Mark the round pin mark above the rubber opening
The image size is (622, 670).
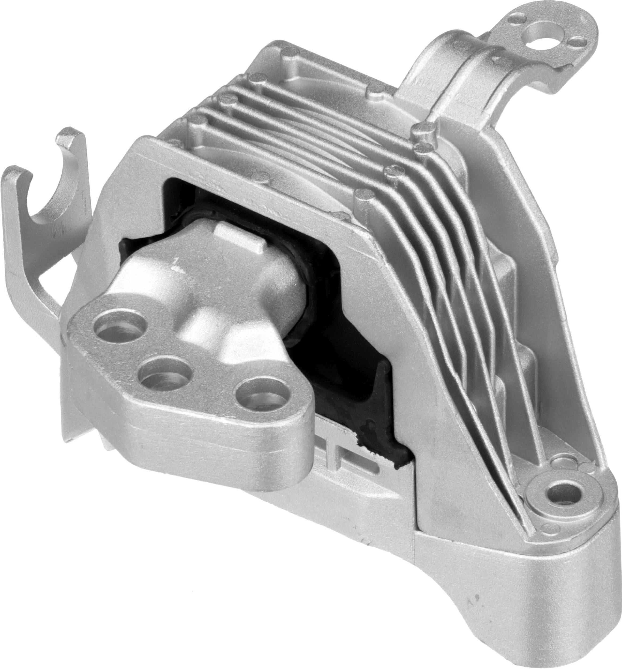pyautogui.click(x=261, y=176)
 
